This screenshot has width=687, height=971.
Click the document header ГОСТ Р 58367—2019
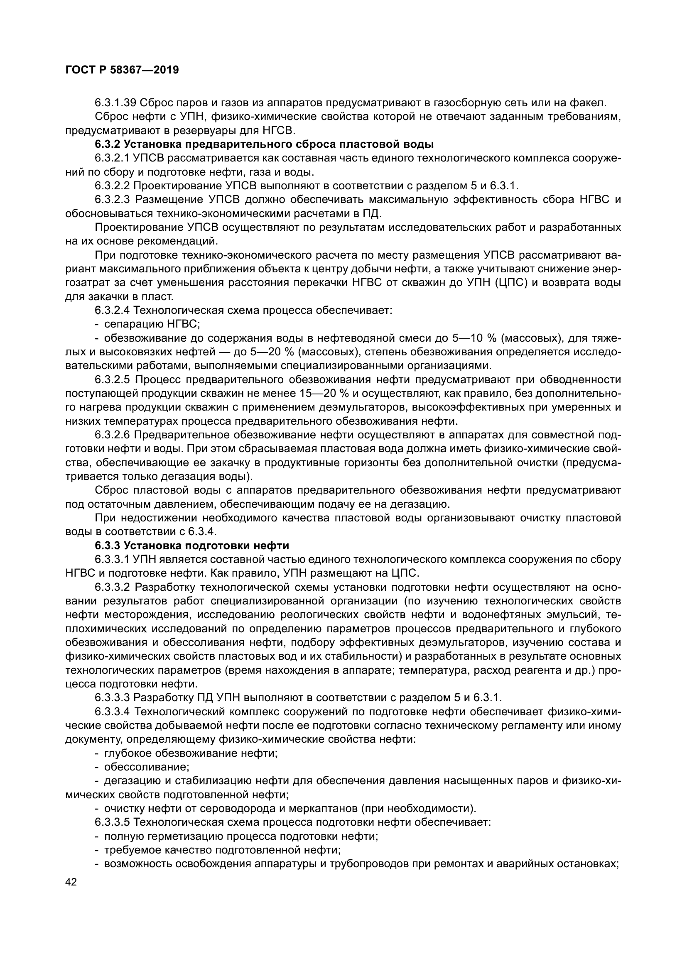click(122, 70)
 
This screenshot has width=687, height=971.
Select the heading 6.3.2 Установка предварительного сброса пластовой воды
click(265, 144)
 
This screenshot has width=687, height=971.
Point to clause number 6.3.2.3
click(112, 200)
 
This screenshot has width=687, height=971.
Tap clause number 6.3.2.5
click(112, 380)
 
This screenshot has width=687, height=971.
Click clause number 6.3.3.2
click(112, 587)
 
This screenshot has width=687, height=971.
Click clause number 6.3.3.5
click(112, 822)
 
